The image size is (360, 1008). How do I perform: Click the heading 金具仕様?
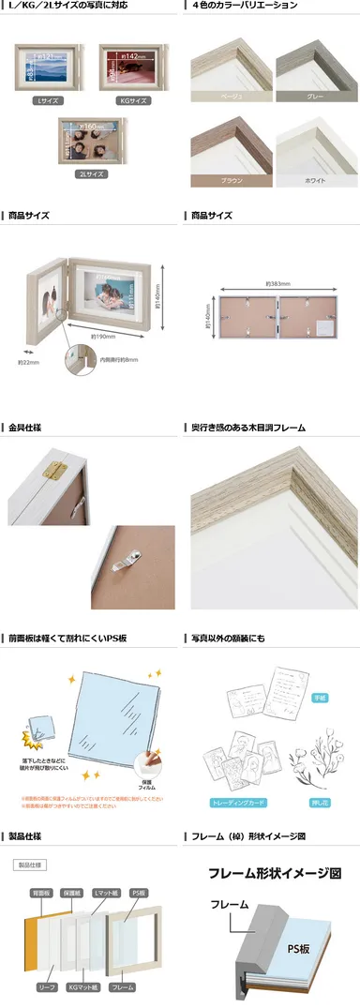point(25,428)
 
